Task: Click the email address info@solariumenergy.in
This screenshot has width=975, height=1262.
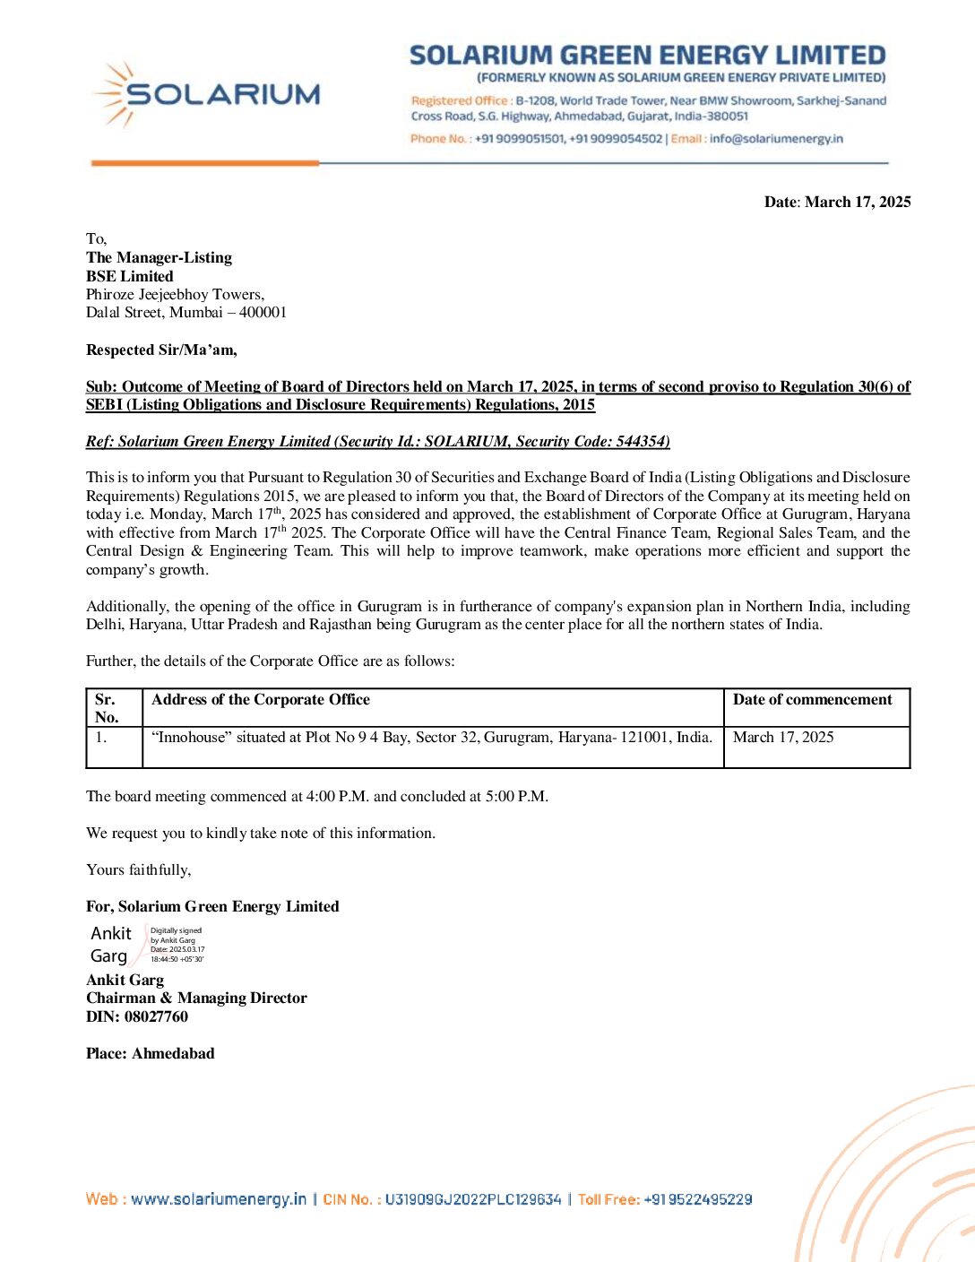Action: pos(776,139)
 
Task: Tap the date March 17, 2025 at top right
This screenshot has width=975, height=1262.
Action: pos(858,202)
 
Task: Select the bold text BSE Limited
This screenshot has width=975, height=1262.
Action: pos(130,276)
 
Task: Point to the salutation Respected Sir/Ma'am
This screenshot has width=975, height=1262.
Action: pos(161,350)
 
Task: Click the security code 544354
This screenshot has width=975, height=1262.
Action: pos(641,441)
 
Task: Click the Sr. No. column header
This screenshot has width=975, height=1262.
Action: pos(107,708)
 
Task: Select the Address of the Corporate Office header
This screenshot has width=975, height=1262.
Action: pos(261,700)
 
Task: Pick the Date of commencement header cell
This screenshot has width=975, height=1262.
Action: pos(812,700)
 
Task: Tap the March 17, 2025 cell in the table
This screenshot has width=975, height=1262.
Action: pos(783,738)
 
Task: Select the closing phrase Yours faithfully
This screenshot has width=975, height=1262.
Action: pos(138,869)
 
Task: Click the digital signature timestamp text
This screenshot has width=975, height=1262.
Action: pos(177,946)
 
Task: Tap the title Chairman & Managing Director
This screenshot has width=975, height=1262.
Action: pos(196,998)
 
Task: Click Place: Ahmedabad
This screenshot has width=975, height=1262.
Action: pos(151,1053)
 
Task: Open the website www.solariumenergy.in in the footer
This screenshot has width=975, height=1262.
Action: pos(219,1199)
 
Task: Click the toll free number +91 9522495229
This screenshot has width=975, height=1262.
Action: pos(698,1199)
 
